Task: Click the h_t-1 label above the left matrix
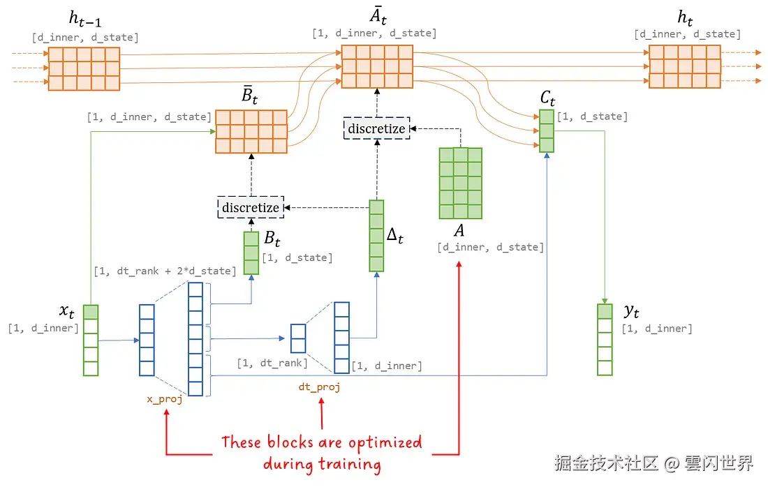coord(84,19)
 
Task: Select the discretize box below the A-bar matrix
coord(376,128)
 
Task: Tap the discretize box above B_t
coord(251,207)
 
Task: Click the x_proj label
coord(164,398)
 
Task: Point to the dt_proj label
coord(319,386)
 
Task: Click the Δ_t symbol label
coord(395,236)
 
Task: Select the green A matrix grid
coord(460,183)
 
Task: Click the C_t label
coord(547,98)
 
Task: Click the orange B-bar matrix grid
coord(251,131)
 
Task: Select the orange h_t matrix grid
coord(684,67)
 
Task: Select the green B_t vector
coord(251,253)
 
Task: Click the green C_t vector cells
coord(546,130)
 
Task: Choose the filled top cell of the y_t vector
coord(605,312)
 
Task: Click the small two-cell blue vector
coord(298,338)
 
